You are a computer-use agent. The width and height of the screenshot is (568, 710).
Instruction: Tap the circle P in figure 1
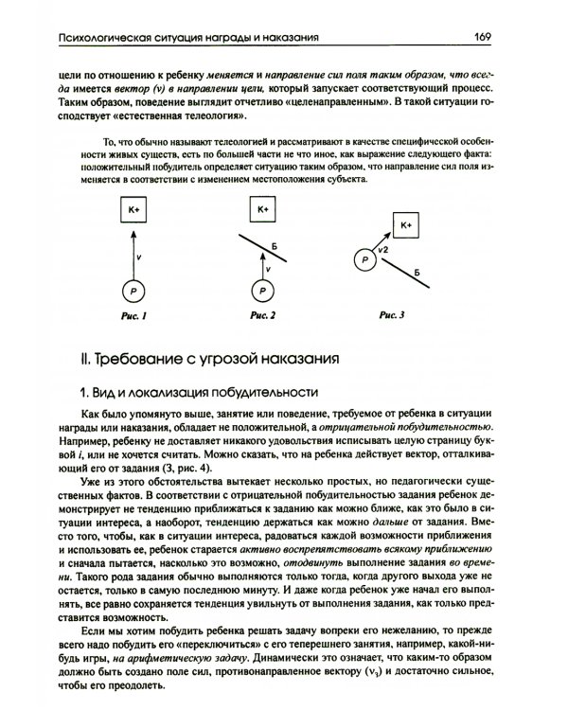point(133,291)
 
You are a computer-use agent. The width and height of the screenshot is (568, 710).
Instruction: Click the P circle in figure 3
point(363,257)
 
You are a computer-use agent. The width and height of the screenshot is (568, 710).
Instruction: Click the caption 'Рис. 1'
point(133,317)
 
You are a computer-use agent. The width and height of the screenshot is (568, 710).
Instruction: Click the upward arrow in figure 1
point(133,251)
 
